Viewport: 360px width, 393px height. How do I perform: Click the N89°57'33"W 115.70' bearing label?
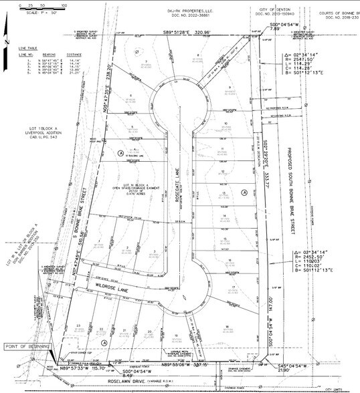(x=84, y=367)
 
